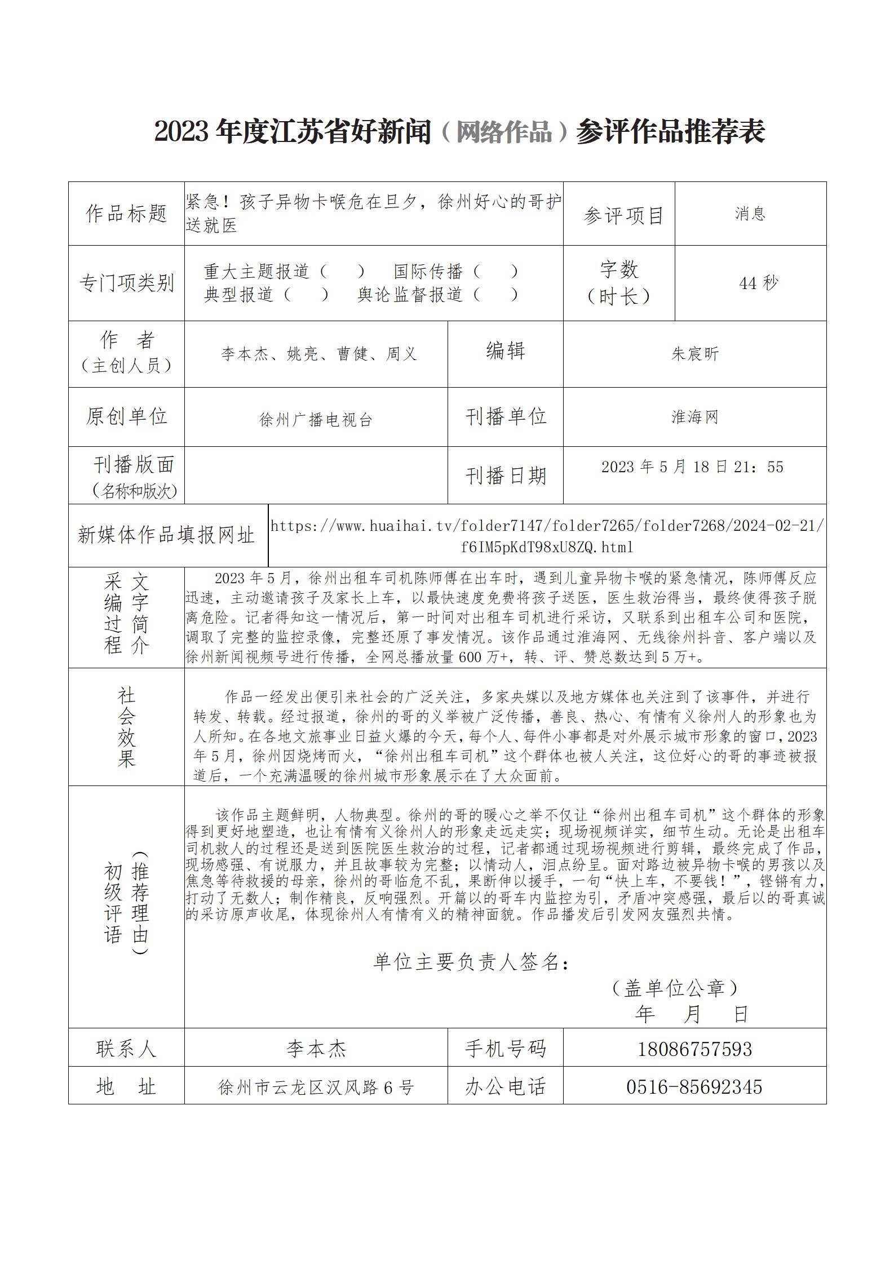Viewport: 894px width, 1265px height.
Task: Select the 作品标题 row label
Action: pos(126,214)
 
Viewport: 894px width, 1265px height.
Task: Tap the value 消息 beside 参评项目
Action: pos(750,213)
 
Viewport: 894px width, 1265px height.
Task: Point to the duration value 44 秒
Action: pos(758,283)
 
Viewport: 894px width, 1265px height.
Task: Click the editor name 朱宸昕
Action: pos(694,354)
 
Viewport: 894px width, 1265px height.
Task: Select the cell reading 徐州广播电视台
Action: pos(316,420)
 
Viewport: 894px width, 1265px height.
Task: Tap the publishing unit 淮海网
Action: pos(694,418)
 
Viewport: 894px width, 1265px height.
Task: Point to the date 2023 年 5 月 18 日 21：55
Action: pos(692,467)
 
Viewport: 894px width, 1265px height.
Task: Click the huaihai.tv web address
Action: pos(547,536)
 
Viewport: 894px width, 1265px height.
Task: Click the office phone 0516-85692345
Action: pos(694,1086)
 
